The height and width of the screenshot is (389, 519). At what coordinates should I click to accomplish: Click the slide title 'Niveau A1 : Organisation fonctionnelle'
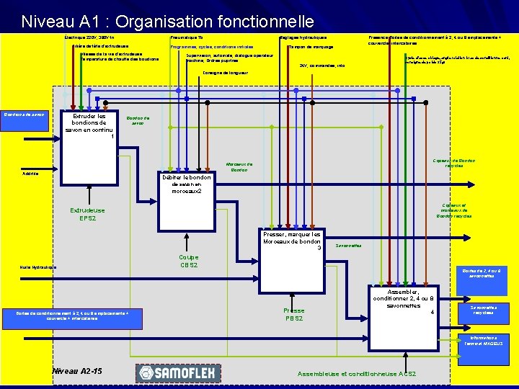[x=167, y=22]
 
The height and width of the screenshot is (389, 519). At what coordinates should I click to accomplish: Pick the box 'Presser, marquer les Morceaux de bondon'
[x=291, y=241]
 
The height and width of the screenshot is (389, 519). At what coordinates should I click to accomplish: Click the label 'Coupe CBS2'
[x=188, y=261]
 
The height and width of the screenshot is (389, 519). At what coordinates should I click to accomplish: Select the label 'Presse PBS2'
[x=293, y=314]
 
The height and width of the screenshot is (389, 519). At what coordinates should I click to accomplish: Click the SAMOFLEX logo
[x=171, y=372]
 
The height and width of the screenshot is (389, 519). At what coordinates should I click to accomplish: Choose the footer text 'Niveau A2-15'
[x=77, y=371]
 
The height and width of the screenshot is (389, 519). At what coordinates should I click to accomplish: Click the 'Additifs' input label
[x=31, y=174]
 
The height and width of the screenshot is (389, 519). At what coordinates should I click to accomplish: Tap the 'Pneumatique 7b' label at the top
[x=186, y=37]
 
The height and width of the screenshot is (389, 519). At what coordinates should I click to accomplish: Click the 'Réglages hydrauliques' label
[x=303, y=37]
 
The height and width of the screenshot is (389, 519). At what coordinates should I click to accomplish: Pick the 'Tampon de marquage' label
[x=311, y=47]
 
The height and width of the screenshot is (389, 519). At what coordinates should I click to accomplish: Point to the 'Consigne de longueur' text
[x=223, y=73]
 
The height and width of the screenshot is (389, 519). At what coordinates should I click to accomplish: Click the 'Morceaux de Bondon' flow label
[x=239, y=167]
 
